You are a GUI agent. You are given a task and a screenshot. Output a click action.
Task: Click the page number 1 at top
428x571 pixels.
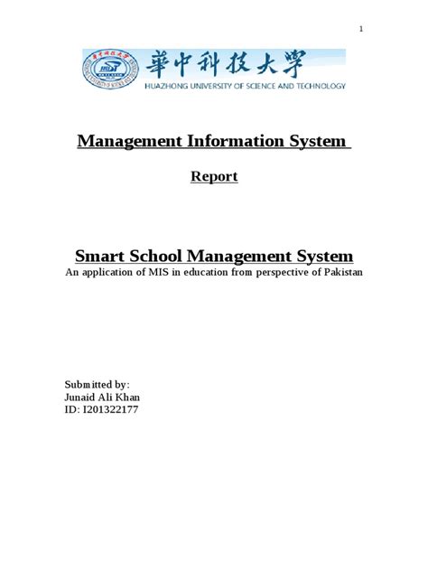tap(361, 30)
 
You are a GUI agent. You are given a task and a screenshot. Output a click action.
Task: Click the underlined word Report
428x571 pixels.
tap(214, 177)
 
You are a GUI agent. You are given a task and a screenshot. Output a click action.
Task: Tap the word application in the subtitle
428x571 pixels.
tap(113, 273)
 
